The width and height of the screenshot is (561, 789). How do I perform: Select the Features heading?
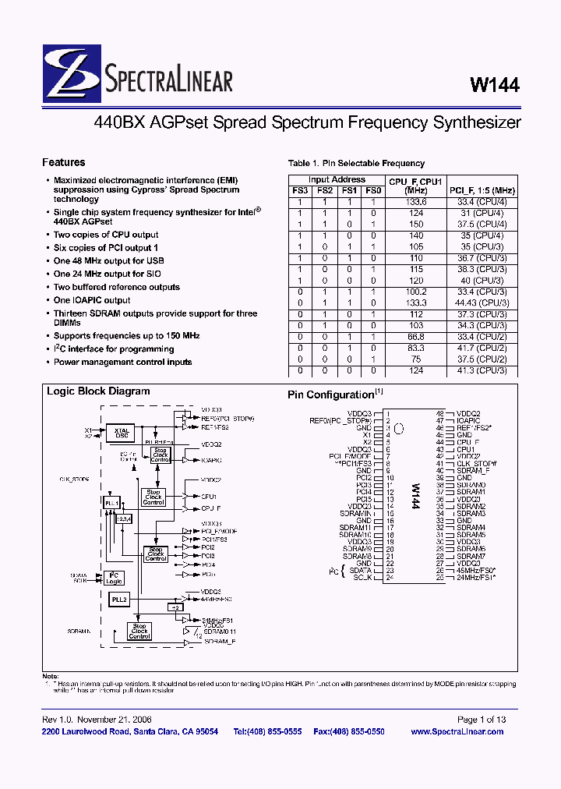(x=64, y=163)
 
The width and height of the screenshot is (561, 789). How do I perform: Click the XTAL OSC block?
(x=122, y=433)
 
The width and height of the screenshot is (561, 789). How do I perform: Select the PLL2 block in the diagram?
(x=118, y=598)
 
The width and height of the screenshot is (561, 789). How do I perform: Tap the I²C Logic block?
(x=115, y=578)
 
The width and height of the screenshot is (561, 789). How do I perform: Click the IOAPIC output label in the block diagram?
(x=213, y=461)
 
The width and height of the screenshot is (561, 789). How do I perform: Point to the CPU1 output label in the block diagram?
(x=209, y=496)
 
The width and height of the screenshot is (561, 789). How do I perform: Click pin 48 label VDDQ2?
(x=469, y=413)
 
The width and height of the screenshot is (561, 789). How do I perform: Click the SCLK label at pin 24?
(x=362, y=578)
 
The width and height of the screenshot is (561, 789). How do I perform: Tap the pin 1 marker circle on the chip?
(x=400, y=428)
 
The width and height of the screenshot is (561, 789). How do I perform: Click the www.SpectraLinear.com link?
(x=457, y=731)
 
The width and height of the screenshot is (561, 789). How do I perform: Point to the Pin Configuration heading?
(x=331, y=395)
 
